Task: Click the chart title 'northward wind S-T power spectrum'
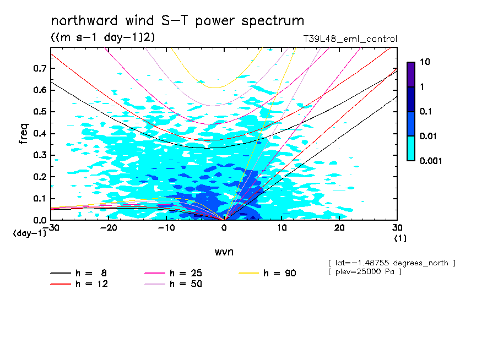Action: coord(177,21)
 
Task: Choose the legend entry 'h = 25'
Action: coord(186,273)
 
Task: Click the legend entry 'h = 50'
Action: coord(186,283)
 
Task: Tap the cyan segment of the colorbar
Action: coord(410,148)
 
